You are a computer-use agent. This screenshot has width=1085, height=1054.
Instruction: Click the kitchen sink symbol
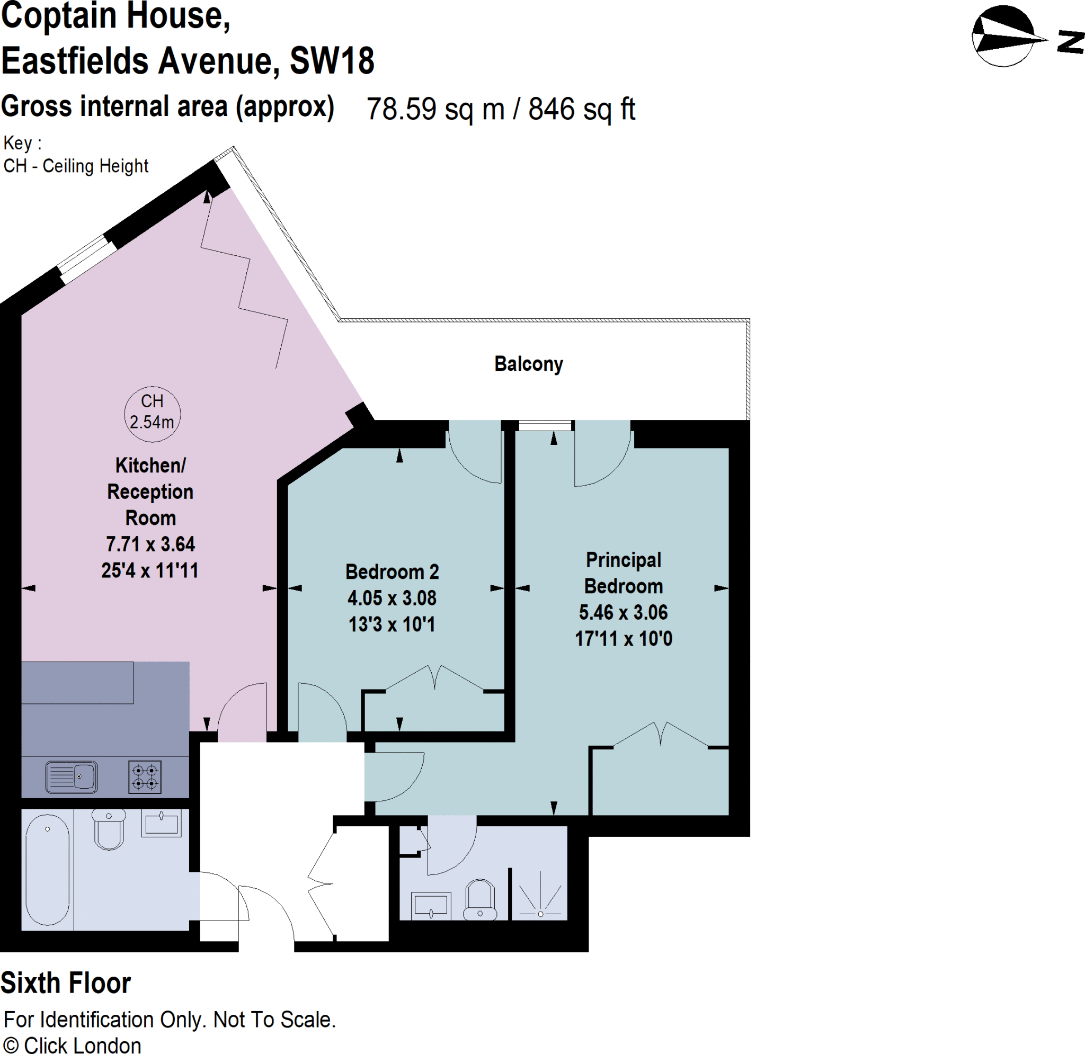tap(72, 776)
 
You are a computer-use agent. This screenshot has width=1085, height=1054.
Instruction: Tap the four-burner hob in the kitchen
tap(145, 777)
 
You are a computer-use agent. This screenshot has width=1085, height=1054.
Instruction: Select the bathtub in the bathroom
tap(48, 870)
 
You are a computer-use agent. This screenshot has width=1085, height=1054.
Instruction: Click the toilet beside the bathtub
tap(109, 829)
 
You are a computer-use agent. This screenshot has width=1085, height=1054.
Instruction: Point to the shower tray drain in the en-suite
tap(540, 914)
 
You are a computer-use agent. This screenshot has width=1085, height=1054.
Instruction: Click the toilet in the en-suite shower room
tap(479, 900)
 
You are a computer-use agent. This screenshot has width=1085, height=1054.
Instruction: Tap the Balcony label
tap(528, 364)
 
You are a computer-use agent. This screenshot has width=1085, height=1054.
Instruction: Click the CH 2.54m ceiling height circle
tap(152, 414)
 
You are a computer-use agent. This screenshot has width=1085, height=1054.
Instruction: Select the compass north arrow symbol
tap(1003, 36)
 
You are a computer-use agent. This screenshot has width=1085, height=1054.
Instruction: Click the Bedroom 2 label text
tap(392, 572)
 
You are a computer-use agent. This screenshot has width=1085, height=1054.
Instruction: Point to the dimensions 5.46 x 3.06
tap(624, 612)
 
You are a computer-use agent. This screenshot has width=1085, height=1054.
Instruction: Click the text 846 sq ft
tap(581, 109)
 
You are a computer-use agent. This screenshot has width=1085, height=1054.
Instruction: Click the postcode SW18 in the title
tap(332, 61)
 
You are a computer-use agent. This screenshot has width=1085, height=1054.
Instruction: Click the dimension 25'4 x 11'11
tap(149, 570)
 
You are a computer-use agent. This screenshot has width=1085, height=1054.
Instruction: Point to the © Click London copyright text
tap(73, 1044)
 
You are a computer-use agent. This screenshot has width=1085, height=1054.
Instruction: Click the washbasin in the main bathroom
tap(161, 823)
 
